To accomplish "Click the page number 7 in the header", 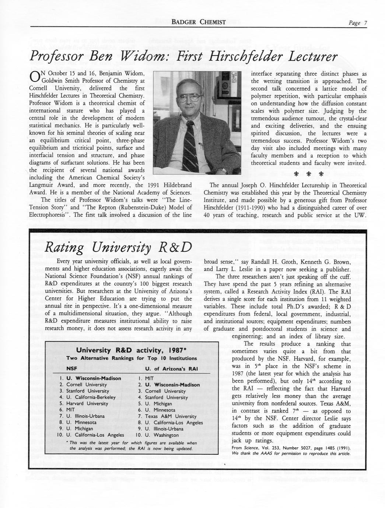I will tap(365, 22).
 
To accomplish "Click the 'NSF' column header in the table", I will tap(71, 368).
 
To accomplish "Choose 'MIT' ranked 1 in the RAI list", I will tap(149, 378).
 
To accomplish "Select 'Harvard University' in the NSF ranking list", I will tap(87, 403).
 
